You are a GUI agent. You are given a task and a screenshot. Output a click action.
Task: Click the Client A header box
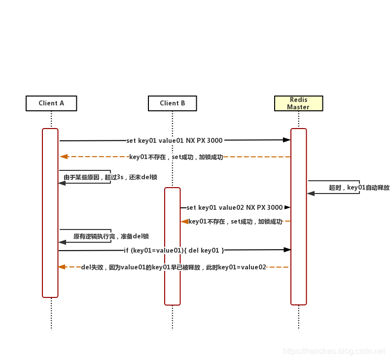coord(51,103)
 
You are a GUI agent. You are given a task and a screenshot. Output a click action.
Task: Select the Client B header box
coord(173,103)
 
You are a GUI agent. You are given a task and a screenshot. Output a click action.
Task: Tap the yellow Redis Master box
coord(298,103)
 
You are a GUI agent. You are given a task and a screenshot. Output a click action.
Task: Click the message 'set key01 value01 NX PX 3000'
coord(174,140)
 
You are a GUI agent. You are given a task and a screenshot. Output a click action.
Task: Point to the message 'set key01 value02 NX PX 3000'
coord(234,208)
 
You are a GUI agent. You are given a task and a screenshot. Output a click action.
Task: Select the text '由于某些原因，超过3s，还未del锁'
coord(110,177)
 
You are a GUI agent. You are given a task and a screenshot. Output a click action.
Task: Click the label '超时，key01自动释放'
coord(359,188)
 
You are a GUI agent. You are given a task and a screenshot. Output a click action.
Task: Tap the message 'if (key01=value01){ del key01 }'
coord(174,251)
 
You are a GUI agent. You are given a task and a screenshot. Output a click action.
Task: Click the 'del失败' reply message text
coord(174,267)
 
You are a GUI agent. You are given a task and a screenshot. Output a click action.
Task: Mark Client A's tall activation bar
coord(50,213)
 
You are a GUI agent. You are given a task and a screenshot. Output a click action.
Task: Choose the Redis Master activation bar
coord(298,217)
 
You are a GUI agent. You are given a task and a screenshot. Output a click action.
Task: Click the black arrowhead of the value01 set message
coord(286,140)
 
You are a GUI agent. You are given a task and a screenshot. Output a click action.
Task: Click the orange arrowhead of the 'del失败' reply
coord(62,267)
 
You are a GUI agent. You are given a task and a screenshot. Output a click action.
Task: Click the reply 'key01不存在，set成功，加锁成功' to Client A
coord(176,157)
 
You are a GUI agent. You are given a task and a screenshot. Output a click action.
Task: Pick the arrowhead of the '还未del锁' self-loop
coord(62,183)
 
